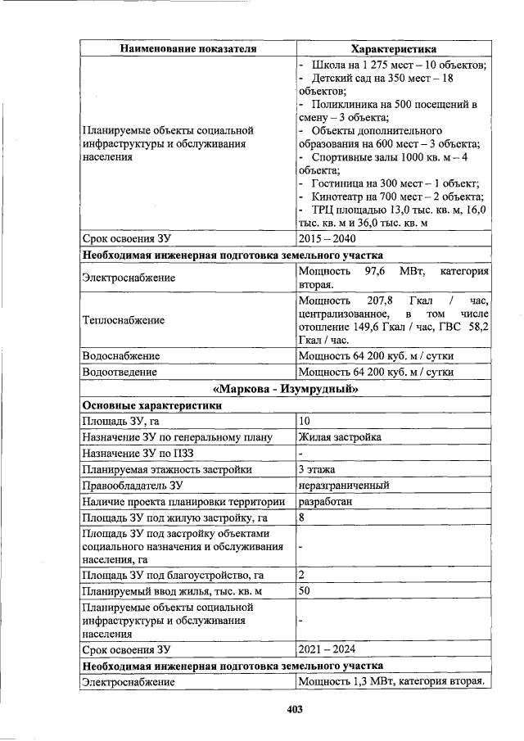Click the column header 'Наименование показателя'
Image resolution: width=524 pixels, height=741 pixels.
[x=187, y=49]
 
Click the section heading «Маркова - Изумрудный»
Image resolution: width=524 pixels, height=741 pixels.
[x=286, y=389]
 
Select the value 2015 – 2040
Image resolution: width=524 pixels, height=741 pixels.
[x=327, y=239]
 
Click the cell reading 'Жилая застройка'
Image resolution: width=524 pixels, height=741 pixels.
[x=340, y=437]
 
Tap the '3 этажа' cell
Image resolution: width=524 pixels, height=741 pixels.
[x=318, y=469]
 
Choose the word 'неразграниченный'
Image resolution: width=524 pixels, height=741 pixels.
[x=344, y=486]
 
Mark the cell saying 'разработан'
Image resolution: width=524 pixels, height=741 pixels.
[x=326, y=502]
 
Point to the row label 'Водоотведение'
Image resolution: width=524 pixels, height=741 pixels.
[x=120, y=372]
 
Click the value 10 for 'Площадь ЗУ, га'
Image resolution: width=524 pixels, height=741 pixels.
[x=305, y=421]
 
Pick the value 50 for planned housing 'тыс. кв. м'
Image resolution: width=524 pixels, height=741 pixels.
[x=305, y=590]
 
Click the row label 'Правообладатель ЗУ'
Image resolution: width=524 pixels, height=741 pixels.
[x=131, y=486]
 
